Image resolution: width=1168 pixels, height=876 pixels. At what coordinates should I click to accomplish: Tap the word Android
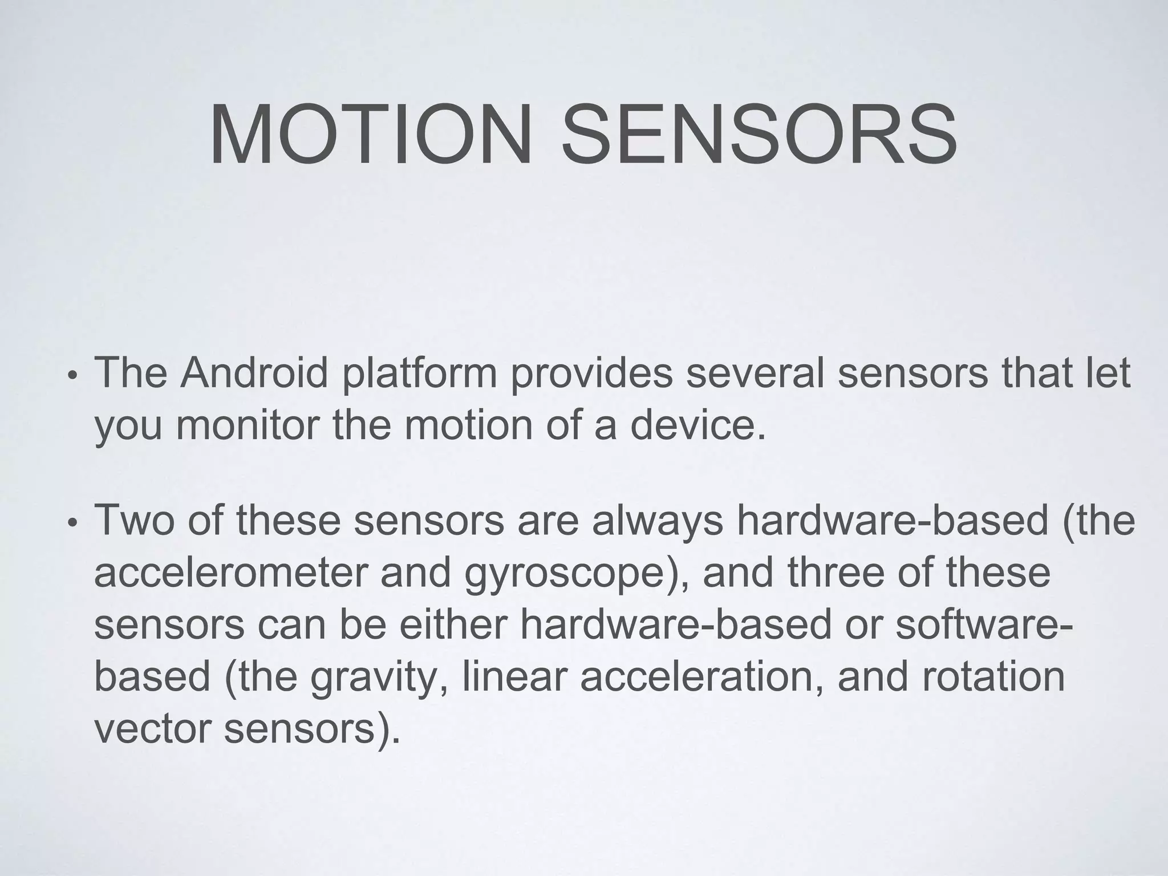tap(254, 373)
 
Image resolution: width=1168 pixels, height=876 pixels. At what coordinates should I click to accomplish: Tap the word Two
tap(133, 520)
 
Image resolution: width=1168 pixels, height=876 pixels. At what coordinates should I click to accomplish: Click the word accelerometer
tap(232, 573)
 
